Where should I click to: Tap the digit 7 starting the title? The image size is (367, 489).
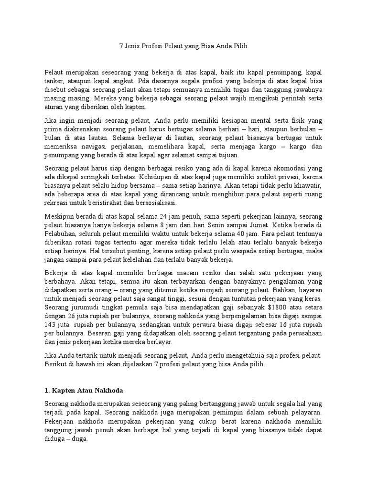pos(120,47)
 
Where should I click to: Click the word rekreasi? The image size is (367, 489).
pos(55,202)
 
